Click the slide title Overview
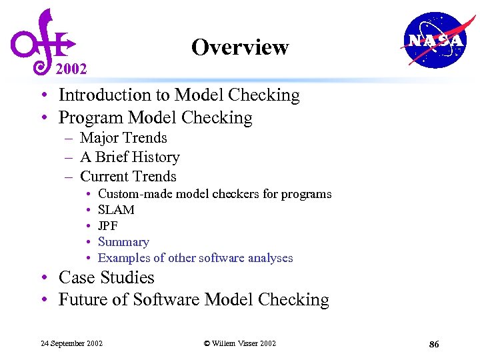239,47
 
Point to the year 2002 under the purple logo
71,69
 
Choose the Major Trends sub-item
123,138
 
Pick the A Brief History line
129,157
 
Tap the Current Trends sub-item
128,177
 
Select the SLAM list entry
116,210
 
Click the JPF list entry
108,226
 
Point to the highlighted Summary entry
123,242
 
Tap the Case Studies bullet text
106,277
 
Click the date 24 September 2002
71,343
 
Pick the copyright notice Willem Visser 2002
239,343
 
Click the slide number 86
434,344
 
